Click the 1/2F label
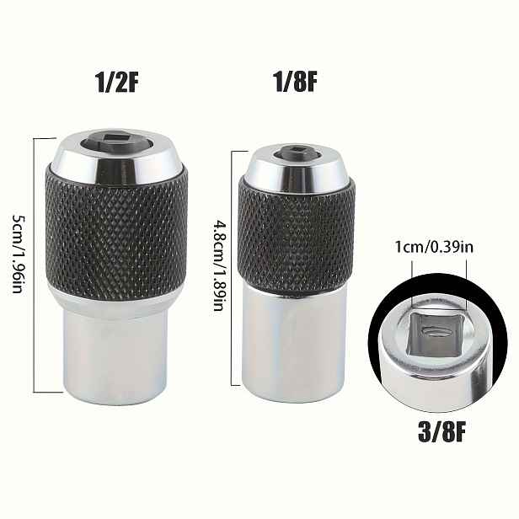coord(116,83)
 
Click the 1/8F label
coord(295,82)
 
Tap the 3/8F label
coord(441,431)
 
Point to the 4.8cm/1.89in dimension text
coord(219,266)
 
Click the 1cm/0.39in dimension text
coord(434,247)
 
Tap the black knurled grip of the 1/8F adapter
coord(297,235)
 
